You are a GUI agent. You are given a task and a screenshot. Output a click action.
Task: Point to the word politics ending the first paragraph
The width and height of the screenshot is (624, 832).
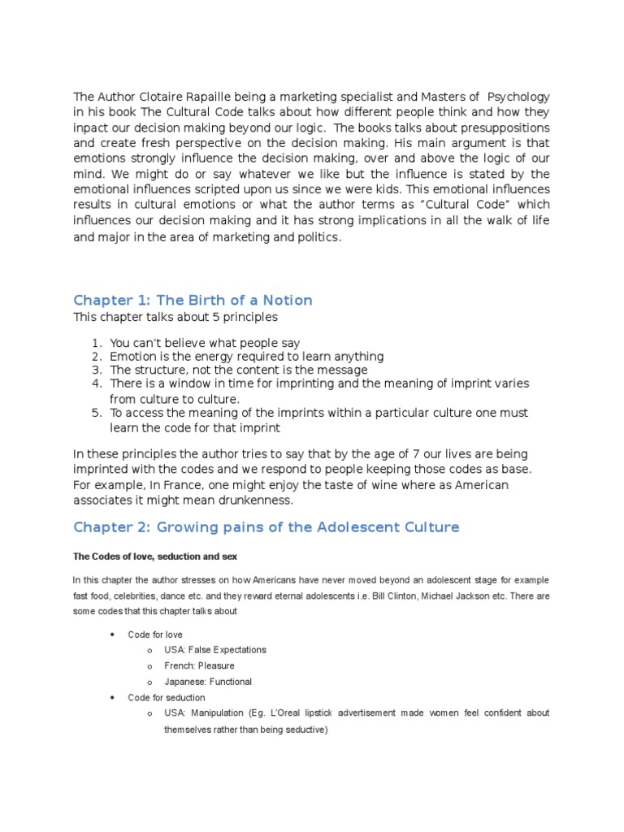[316, 237]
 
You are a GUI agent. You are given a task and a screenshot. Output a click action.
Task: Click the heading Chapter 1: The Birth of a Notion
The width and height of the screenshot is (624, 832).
[193, 300]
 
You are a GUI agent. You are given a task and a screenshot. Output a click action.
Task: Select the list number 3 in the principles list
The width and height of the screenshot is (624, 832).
[95, 370]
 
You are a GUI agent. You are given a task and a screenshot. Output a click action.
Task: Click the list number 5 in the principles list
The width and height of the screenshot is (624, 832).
[95, 414]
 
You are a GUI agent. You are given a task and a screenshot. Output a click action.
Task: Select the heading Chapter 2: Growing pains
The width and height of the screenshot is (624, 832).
[266, 527]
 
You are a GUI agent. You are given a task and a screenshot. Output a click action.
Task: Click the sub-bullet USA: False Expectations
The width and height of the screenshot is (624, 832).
[215, 650]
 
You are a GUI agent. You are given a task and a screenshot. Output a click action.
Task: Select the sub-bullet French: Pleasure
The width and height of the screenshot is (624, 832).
[199, 665]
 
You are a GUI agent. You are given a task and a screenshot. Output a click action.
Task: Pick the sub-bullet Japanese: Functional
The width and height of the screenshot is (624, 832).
[208, 682]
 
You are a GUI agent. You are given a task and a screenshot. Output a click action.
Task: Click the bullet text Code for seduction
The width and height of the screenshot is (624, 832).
[167, 697]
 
